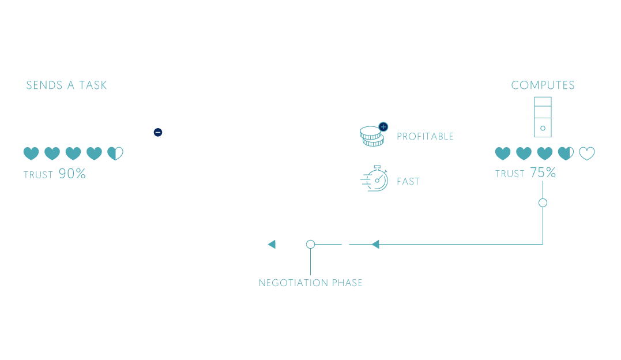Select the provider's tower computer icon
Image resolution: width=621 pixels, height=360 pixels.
543,117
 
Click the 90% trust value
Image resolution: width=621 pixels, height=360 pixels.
72,174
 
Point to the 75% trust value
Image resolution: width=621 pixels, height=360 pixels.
543,172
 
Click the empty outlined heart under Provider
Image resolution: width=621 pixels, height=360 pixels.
587,153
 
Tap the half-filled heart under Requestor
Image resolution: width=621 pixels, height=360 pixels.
115,153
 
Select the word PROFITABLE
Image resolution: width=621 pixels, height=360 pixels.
425,137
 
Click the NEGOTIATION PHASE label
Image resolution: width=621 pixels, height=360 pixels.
310,283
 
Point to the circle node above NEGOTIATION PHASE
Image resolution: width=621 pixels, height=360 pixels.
310,245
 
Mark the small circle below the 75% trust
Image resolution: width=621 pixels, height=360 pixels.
543,202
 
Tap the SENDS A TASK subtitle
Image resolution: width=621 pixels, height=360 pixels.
66,85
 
